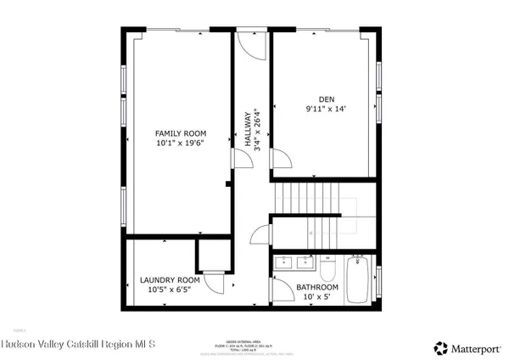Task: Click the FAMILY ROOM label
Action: tap(181, 133)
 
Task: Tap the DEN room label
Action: tap(327, 98)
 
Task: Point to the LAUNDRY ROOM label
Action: tap(170, 279)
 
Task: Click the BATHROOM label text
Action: tap(317, 287)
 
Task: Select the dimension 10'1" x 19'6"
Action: tap(181, 143)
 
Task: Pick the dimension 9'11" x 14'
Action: tap(327, 109)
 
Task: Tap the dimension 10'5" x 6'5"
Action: tap(170, 290)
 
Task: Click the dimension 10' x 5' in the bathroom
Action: tap(317, 297)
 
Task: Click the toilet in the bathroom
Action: tap(328, 269)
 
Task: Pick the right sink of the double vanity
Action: tap(303, 263)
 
